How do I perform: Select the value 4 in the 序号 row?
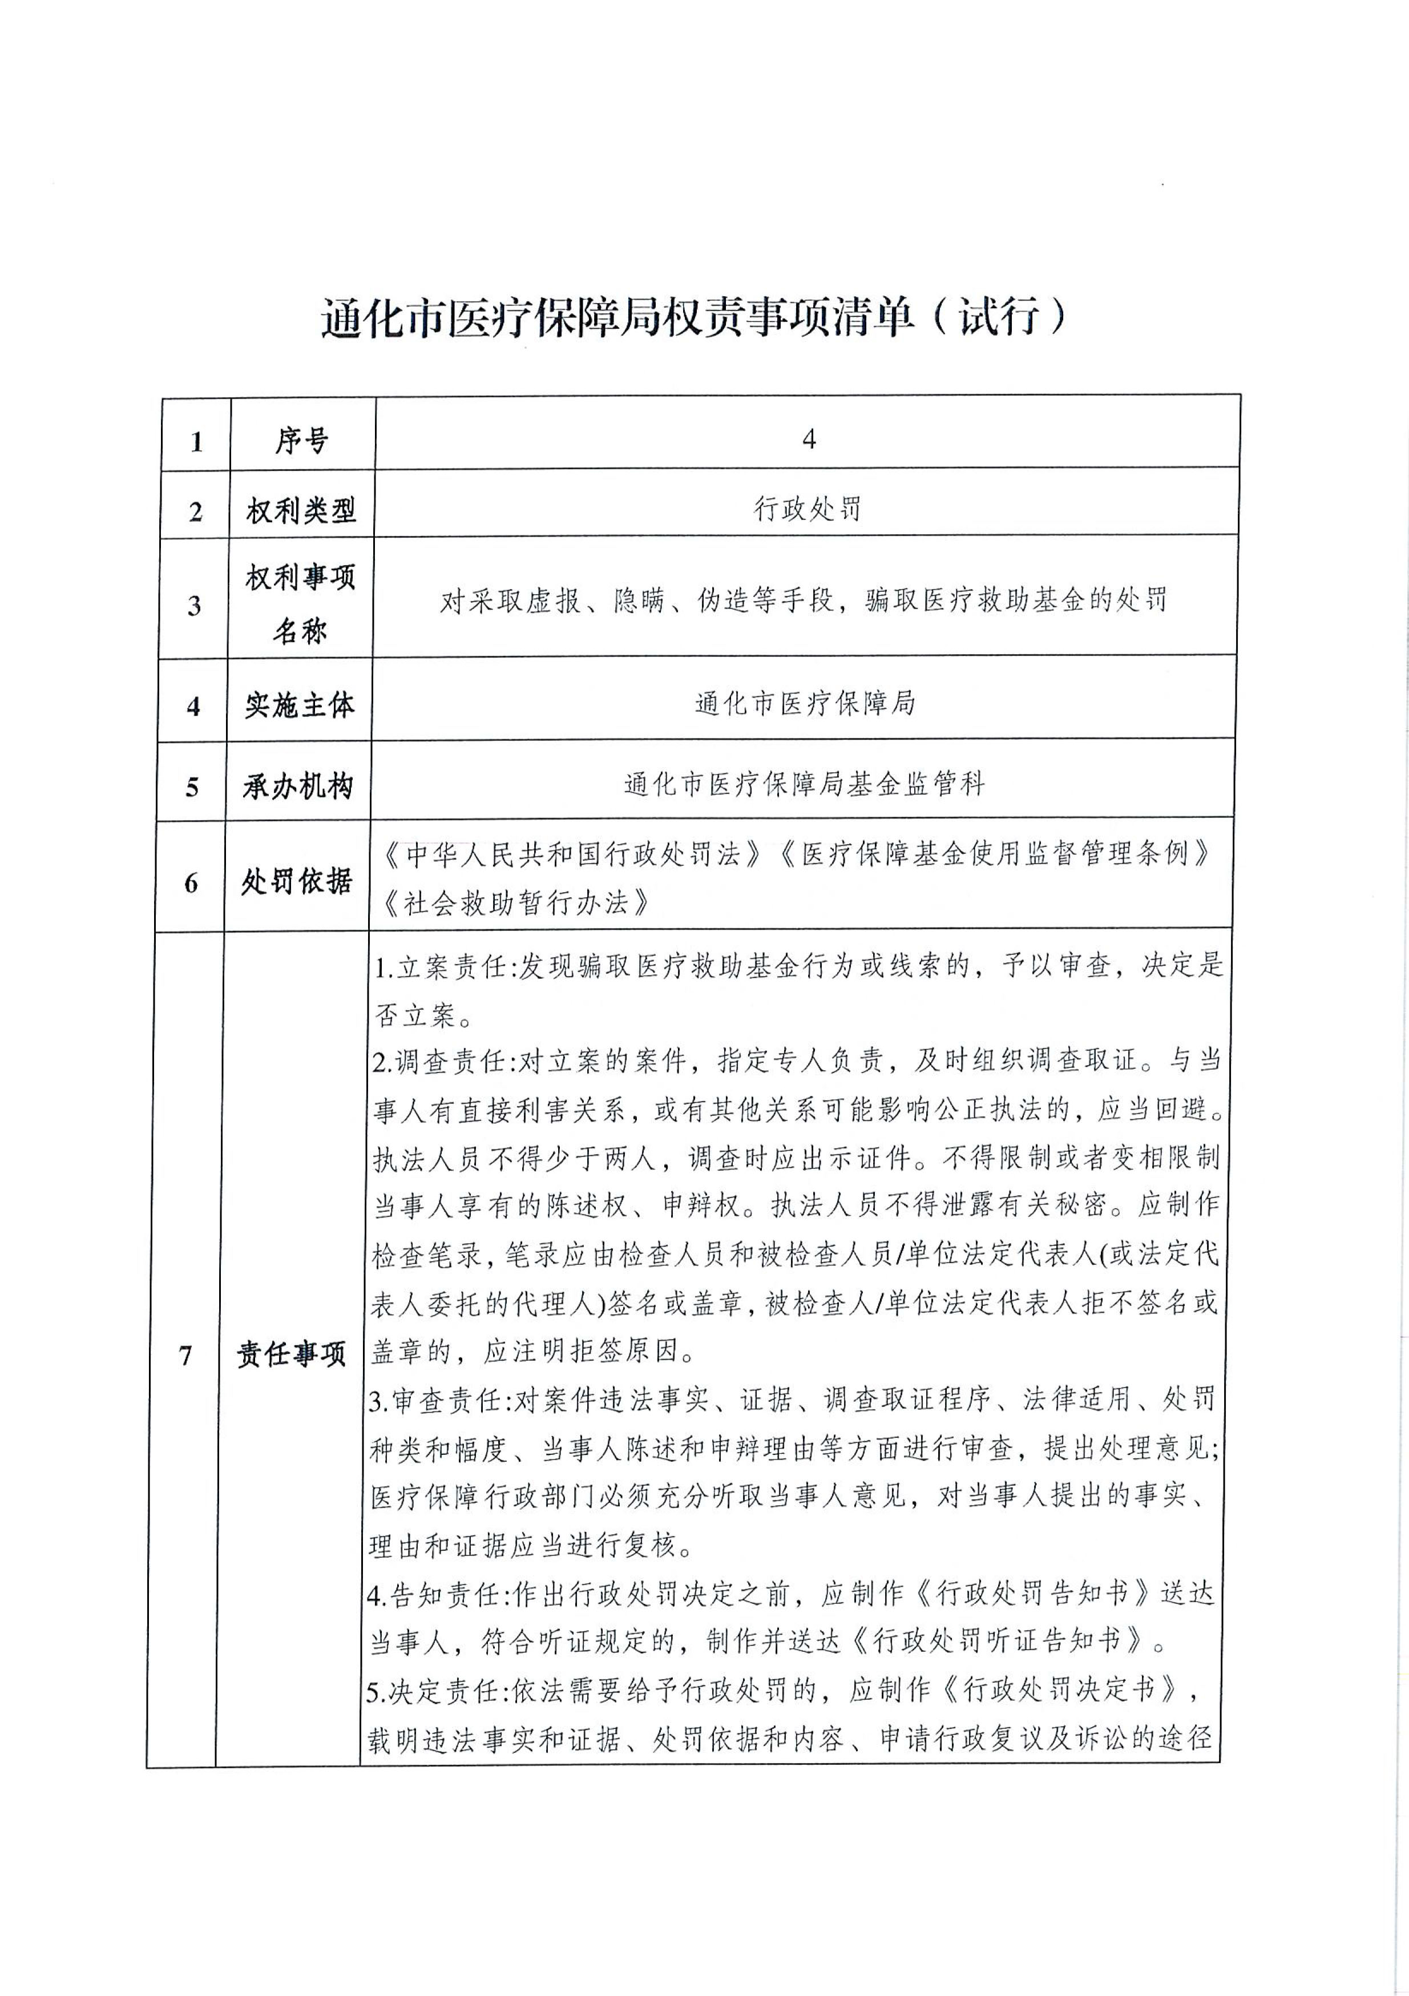(x=809, y=440)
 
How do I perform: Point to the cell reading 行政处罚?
(x=808, y=509)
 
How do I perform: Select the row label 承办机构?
(x=298, y=787)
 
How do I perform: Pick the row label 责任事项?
(x=292, y=1353)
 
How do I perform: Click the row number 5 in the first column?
(x=192, y=788)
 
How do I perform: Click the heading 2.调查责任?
(x=443, y=1060)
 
